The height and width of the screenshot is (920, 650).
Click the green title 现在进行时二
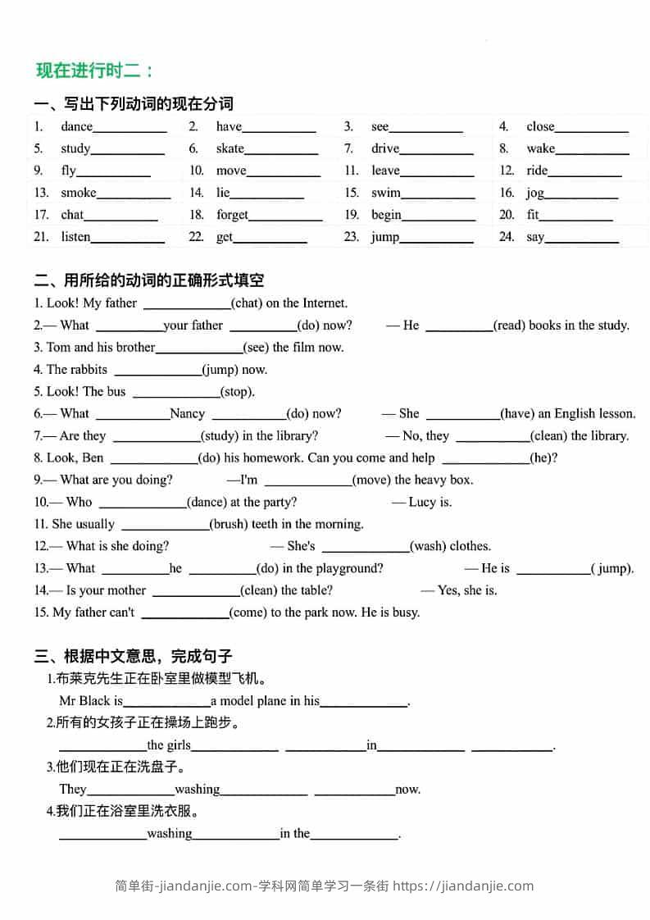(x=95, y=71)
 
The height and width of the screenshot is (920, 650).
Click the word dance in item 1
(x=76, y=126)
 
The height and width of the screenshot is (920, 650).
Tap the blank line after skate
(x=281, y=150)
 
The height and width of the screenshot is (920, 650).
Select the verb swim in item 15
(x=385, y=193)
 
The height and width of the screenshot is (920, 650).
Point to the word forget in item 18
(x=232, y=215)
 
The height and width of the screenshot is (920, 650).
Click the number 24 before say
(x=507, y=237)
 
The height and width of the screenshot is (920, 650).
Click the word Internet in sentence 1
(x=325, y=303)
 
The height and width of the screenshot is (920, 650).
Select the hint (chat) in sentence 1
(x=248, y=303)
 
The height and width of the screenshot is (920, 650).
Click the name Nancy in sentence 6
(x=187, y=414)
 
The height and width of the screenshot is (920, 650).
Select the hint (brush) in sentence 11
(x=228, y=524)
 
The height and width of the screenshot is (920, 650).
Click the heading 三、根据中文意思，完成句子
(x=134, y=656)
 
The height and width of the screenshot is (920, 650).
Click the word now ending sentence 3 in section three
(x=407, y=790)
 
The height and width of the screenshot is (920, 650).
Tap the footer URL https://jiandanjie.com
(x=463, y=886)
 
